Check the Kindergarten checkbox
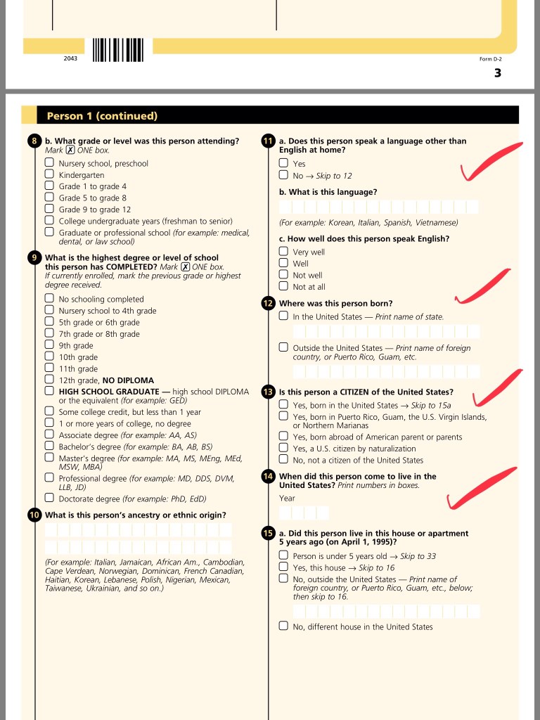[x=49, y=174]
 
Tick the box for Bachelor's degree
[x=49, y=446]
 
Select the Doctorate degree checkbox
[x=49, y=498]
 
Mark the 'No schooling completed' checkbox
[x=49, y=299]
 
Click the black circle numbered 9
[x=34, y=257]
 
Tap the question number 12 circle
[x=268, y=304]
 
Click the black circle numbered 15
[x=268, y=533]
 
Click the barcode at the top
[x=118, y=49]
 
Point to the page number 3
[x=498, y=72]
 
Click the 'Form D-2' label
[x=491, y=59]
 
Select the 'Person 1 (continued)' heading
[x=102, y=116]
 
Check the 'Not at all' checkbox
[x=283, y=286]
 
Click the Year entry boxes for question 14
[x=304, y=513]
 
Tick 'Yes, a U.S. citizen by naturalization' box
[x=283, y=448]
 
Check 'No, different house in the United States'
[x=283, y=626]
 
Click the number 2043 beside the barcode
[x=70, y=58]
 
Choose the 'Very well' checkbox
[x=283, y=251]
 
